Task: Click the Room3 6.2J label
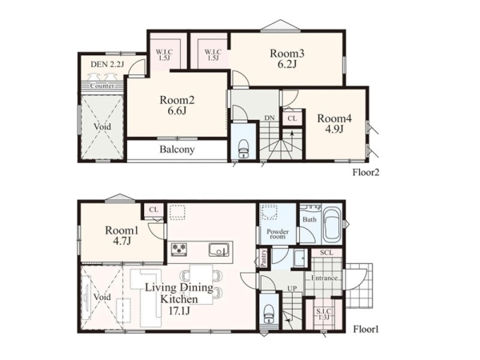(287, 58)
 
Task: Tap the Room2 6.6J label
(177, 105)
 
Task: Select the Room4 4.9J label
(334, 123)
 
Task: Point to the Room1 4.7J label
(122, 235)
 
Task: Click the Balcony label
(177, 150)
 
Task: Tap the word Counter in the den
(102, 86)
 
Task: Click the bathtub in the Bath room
(333, 224)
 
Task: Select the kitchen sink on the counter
(219, 250)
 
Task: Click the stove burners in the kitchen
(179, 249)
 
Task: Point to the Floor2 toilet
(244, 149)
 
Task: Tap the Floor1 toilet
(270, 314)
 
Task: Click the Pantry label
(263, 258)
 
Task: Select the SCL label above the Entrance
(326, 253)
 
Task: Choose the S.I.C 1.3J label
(323, 314)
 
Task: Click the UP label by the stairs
(292, 288)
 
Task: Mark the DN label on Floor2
(270, 118)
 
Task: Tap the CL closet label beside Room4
(292, 118)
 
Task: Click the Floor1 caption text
(366, 330)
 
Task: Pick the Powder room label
(278, 234)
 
